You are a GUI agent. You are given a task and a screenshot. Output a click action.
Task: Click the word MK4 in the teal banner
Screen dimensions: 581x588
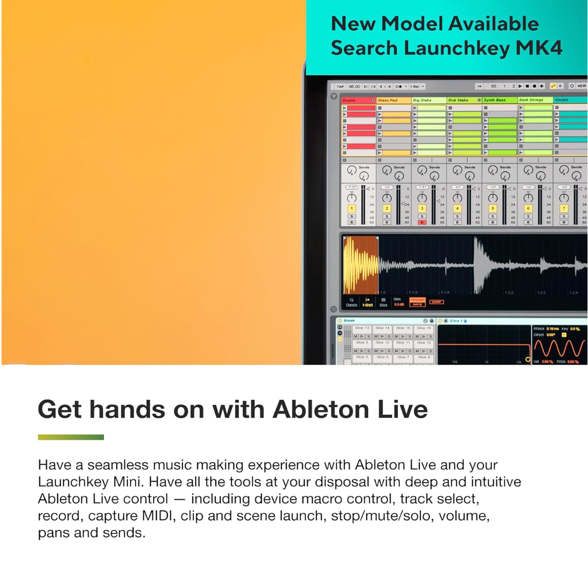click(x=539, y=48)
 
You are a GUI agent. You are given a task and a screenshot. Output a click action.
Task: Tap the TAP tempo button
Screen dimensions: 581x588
click(x=340, y=86)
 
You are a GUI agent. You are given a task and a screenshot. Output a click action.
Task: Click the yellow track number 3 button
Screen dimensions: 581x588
click(x=422, y=209)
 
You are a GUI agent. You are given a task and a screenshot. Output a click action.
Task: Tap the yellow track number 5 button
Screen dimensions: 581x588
click(x=493, y=209)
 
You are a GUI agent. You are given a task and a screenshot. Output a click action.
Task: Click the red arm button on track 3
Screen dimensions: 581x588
click(x=422, y=222)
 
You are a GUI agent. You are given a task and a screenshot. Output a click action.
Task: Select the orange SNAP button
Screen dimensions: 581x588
click(x=436, y=302)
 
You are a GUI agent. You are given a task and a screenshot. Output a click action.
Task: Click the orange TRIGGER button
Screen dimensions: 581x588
click(x=417, y=300)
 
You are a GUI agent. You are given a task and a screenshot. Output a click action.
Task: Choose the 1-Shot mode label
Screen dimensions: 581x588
click(x=367, y=304)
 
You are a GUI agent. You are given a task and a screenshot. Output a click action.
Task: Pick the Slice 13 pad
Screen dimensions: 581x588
click(x=362, y=328)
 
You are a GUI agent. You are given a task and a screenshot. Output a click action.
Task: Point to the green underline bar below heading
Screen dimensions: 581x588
click(x=71, y=437)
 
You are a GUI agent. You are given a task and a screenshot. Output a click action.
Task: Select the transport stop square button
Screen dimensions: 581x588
click(x=527, y=86)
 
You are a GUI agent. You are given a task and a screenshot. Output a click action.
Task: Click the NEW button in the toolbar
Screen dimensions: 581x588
click(x=581, y=86)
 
